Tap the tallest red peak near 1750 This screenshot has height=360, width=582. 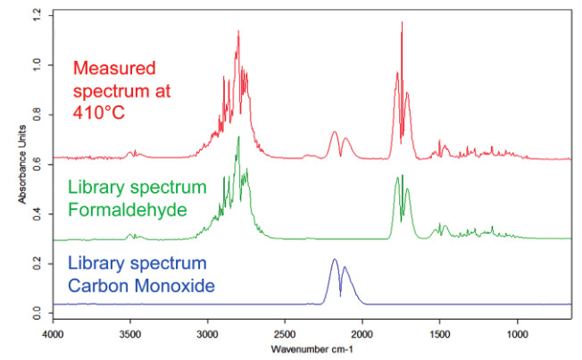tap(402, 24)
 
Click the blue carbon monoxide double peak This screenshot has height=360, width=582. tap(335, 261)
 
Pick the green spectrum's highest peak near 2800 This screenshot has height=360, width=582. tap(238, 138)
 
